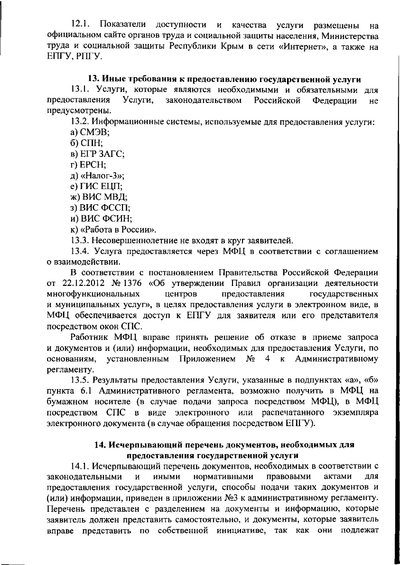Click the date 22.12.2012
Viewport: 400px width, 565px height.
coord(81,283)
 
